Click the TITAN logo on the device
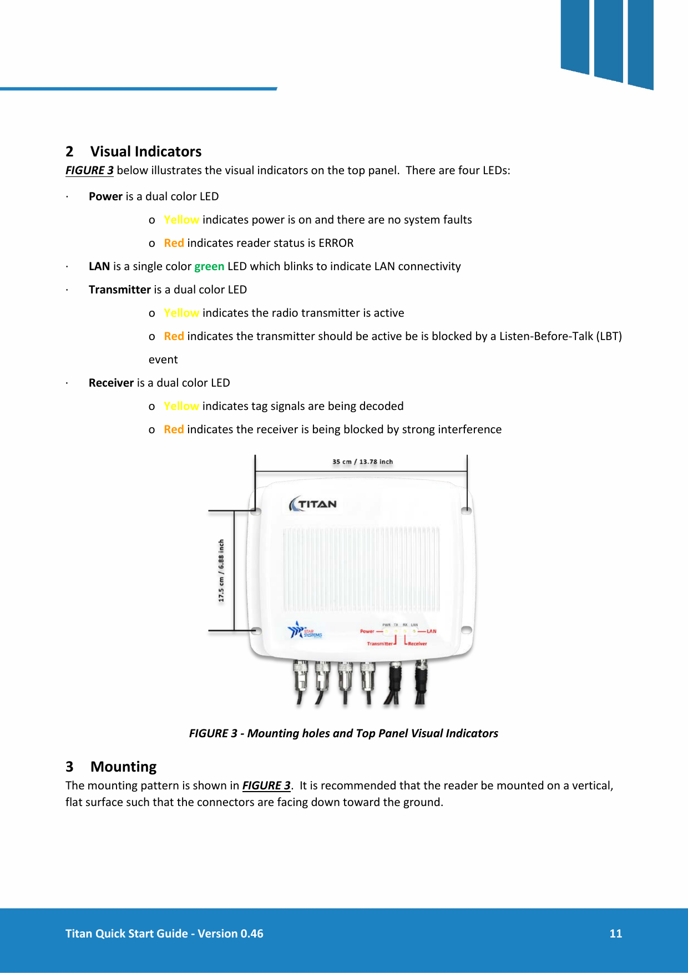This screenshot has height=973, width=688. [313, 504]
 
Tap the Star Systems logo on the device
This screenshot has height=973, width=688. [305, 631]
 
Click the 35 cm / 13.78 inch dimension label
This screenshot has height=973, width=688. [362, 462]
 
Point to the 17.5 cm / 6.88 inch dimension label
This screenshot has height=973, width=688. [221, 571]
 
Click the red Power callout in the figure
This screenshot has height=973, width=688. [367, 631]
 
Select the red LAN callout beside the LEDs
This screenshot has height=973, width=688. [431, 631]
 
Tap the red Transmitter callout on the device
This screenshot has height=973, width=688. [380, 644]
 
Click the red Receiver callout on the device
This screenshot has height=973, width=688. [417, 644]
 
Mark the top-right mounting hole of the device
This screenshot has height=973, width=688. [466, 510]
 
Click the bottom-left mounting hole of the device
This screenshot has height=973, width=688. [256, 631]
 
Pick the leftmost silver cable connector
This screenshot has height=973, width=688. [300, 674]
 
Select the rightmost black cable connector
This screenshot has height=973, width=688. [422, 674]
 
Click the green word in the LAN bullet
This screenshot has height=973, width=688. [209, 266]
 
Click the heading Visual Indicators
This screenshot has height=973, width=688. [146, 151]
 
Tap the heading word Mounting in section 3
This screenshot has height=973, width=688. [123, 767]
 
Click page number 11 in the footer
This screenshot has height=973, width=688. [615, 934]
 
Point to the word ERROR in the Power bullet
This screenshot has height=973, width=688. [336, 243]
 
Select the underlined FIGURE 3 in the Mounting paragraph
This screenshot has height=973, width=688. [266, 786]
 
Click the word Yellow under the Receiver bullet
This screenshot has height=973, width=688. [181, 406]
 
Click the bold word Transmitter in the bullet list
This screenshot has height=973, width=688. [120, 290]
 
